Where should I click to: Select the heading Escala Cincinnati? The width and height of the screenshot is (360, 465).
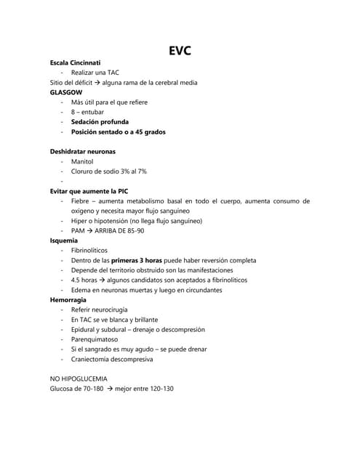[x=80, y=63]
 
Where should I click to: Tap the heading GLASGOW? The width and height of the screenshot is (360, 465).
[x=66, y=93]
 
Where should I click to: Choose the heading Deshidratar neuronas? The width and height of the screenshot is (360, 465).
[x=82, y=151]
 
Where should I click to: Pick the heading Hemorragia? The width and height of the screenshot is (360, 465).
[x=68, y=299]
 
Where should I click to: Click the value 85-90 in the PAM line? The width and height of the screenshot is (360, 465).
[x=135, y=230]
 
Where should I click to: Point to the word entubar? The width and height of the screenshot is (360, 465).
[x=92, y=113]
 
